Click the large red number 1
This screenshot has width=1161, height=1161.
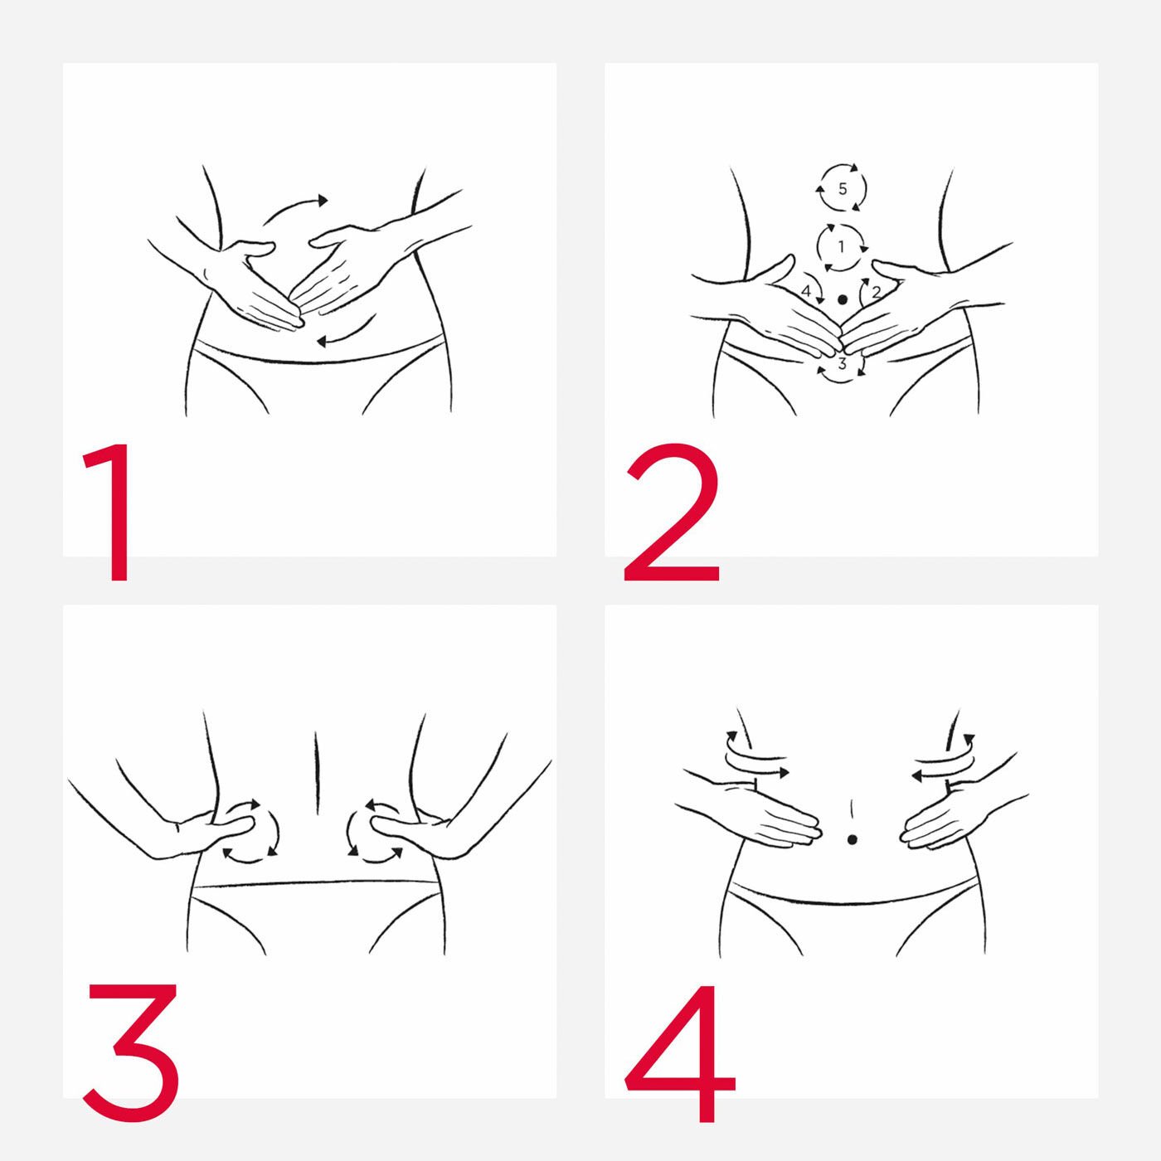(x=111, y=512)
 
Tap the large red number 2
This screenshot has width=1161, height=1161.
(x=672, y=512)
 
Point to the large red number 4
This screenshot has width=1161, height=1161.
(x=680, y=1054)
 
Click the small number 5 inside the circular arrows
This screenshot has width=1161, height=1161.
(x=843, y=188)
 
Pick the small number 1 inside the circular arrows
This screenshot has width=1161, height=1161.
(x=842, y=245)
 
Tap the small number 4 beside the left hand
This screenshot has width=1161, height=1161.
(x=806, y=292)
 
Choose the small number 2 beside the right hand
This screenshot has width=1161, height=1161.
(x=877, y=292)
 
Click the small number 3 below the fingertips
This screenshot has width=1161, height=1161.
(x=843, y=363)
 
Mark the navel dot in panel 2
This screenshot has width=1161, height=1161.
(x=843, y=299)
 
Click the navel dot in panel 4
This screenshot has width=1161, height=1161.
(x=852, y=839)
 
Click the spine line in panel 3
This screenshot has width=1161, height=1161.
(x=314, y=772)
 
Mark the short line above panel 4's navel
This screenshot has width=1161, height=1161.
(x=852, y=809)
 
